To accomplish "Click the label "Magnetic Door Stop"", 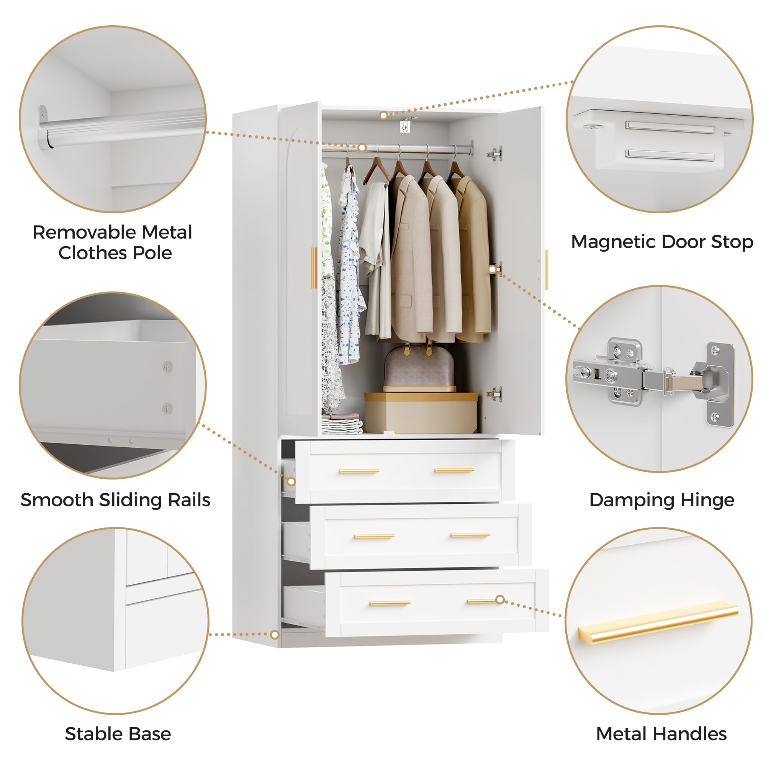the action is tap(662, 242).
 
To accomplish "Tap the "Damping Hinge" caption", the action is tap(662, 500).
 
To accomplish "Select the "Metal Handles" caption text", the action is tap(661, 734).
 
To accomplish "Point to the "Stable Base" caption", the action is tap(118, 734).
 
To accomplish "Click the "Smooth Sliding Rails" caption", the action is tap(115, 500).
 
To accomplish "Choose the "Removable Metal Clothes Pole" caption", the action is tap(113, 243).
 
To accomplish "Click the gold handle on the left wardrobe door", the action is tap(314, 268).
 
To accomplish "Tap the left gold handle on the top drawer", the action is tap(359, 471).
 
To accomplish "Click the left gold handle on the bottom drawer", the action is tap(390, 603).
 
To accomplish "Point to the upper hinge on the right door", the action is tap(495, 154).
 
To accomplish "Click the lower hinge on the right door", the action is tap(495, 394).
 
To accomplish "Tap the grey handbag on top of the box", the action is tap(419, 368).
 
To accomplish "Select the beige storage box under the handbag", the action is tap(421, 413).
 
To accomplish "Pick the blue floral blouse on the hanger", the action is tap(351, 266).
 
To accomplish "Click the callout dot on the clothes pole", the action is tap(362, 148).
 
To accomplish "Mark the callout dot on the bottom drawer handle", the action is tap(500, 600).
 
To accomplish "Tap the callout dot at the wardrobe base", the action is tap(274, 635).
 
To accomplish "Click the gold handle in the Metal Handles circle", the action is tap(658, 621).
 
